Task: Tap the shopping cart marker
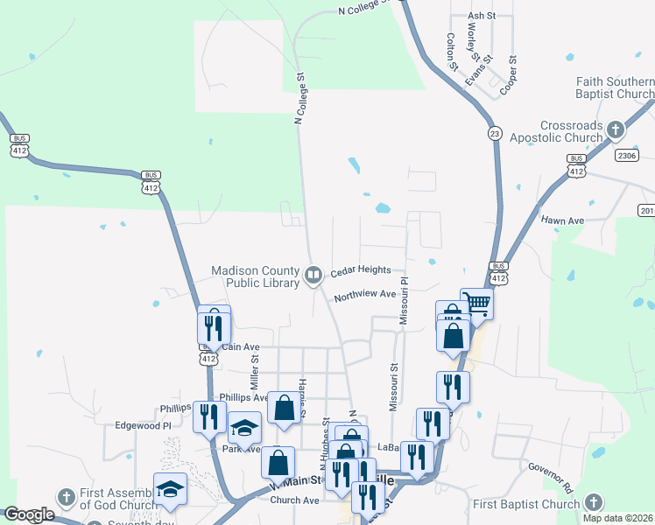click(x=476, y=304)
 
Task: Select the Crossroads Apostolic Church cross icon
click(x=616, y=131)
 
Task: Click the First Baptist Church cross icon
click(x=593, y=503)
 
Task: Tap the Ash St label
click(x=482, y=16)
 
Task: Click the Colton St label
click(x=452, y=52)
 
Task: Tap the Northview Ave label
click(x=364, y=294)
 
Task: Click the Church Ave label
click(x=294, y=500)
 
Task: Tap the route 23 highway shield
click(x=495, y=133)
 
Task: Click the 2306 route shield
click(x=626, y=155)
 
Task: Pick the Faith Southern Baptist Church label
click(x=615, y=87)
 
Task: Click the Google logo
click(x=28, y=515)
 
